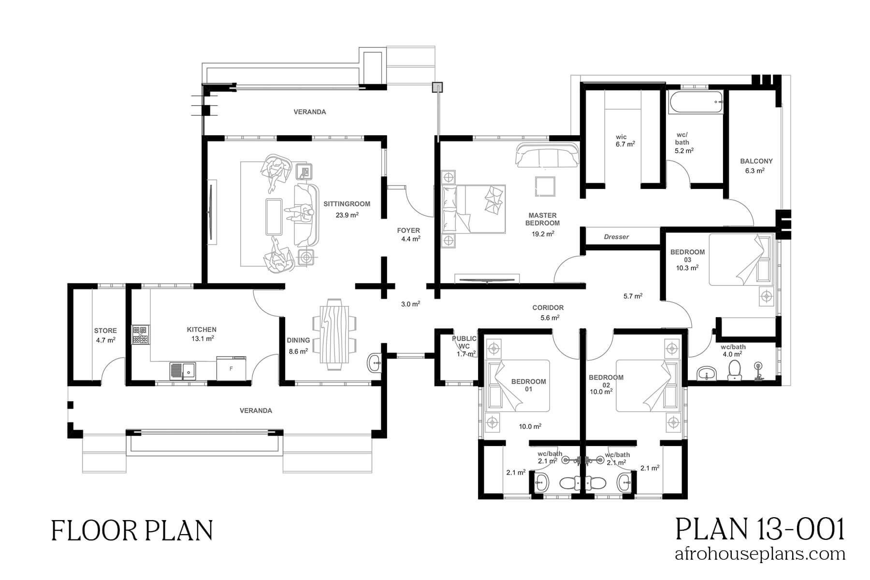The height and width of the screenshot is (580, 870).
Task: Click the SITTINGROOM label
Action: (x=347, y=204)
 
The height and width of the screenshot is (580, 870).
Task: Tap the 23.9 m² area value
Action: (x=347, y=215)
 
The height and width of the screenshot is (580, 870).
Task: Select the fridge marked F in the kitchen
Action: (x=231, y=368)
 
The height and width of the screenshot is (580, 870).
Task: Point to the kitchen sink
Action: (x=183, y=371)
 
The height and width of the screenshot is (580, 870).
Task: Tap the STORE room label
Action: (x=105, y=331)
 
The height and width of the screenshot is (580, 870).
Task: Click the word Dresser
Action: (x=616, y=237)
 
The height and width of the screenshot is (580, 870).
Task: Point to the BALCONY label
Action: (x=756, y=161)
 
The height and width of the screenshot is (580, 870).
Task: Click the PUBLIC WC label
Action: (x=464, y=342)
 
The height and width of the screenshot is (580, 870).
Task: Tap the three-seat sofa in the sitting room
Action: (x=305, y=214)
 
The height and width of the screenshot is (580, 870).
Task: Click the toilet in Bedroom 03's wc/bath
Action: (x=735, y=371)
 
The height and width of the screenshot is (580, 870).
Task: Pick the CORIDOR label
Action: (x=548, y=307)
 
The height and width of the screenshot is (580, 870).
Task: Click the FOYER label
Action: (x=408, y=231)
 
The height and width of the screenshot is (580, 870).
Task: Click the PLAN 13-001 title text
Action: (x=759, y=529)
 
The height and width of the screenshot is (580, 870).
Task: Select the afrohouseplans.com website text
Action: (x=759, y=554)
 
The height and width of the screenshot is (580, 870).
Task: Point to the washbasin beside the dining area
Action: (x=375, y=362)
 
